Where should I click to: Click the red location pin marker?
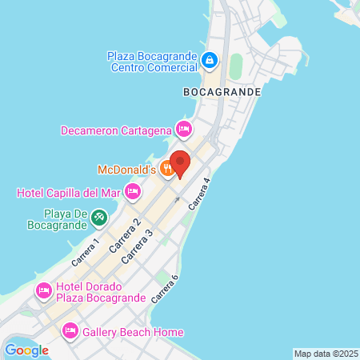tap(180, 163)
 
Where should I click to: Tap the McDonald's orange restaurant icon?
tap(167, 168)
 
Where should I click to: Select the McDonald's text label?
tap(126, 169)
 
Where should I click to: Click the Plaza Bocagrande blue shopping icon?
tap(209, 60)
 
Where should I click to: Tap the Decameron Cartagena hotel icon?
tap(184, 129)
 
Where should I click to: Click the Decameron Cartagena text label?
tap(118, 130)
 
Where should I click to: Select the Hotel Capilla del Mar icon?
tap(133, 191)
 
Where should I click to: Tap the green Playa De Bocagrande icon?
tap(98, 217)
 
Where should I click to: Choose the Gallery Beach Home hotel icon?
tap(70, 331)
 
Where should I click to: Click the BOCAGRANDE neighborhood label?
tap(222, 92)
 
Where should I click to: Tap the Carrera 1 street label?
tap(85, 251)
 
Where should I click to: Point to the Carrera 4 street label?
tap(199, 194)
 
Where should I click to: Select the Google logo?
tap(27, 350)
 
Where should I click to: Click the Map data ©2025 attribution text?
tap(326, 354)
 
